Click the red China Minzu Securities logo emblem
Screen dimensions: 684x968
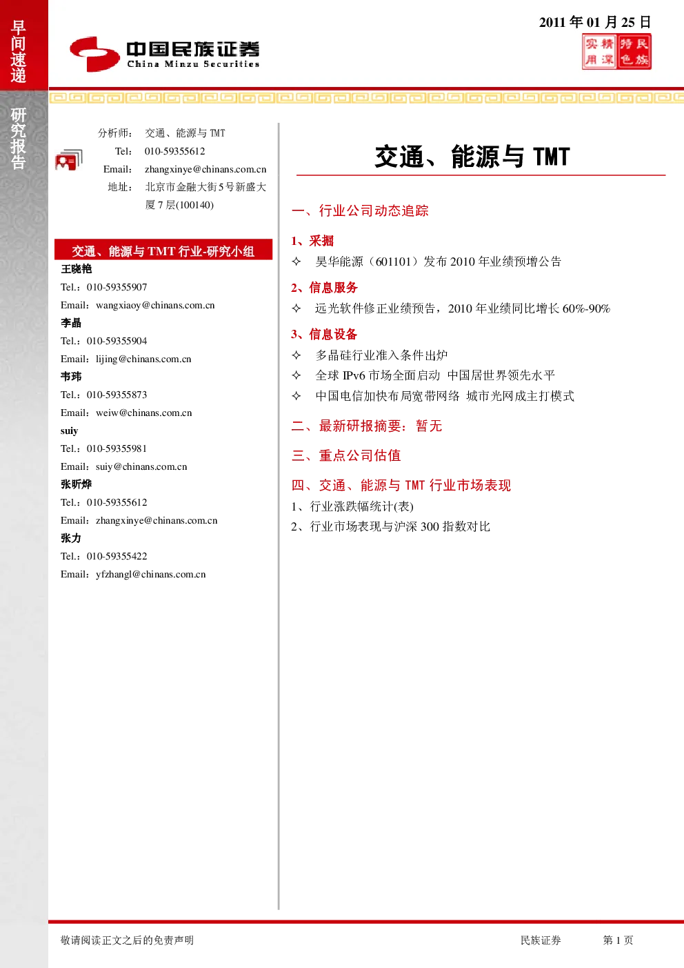pyautogui.click(x=95, y=54)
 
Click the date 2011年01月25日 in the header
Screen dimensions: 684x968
pyautogui.click(x=594, y=22)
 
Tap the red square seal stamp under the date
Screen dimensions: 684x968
pyautogui.click(x=616, y=52)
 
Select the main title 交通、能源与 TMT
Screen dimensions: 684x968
pyautogui.click(x=472, y=157)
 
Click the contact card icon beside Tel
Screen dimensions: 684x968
pyautogui.click(x=69, y=160)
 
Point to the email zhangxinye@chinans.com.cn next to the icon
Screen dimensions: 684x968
pyautogui.click(x=205, y=169)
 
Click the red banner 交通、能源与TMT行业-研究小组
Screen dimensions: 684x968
pyautogui.click(x=163, y=250)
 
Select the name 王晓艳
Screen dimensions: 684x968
pyautogui.click(x=77, y=269)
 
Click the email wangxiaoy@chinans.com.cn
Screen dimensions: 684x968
pyautogui.click(x=155, y=305)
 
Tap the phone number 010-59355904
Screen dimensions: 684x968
pyautogui.click(x=117, y=341)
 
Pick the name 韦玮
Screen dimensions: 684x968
pyautogui.click(x=71, y=377)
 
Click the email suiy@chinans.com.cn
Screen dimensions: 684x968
pyautogui.click(x=141, y=466)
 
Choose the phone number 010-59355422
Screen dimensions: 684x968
pyautogui.click(x=117, y=556)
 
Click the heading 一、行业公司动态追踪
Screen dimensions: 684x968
pyautogui.click(x=360, y=210)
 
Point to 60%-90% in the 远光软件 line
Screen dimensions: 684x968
pyautogui.click(x=586, y=308)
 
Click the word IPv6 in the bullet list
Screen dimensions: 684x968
pyautogui.click(x=354, y=375)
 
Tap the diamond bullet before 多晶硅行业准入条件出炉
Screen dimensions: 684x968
pyautogui.click(x=296, y=355)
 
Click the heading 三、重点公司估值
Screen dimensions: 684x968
pyautogui.click(x=346, y=455)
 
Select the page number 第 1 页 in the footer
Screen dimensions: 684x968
pyautogui.click(x=618, y=940)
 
